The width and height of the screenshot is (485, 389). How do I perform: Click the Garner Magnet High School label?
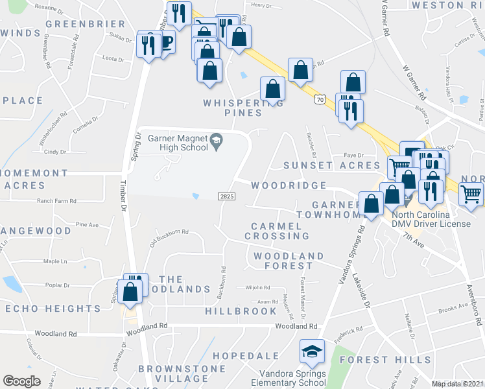[x=177, y=142]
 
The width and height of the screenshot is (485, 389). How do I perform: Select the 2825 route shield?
[x=226, y=196]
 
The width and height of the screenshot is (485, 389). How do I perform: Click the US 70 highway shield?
[x=319, y=99]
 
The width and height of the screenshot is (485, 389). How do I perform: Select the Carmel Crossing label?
[x=277, y=231]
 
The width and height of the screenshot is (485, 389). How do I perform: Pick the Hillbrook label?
[x=241, y=311]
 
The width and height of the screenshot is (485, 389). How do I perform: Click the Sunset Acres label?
[x=322, y=165]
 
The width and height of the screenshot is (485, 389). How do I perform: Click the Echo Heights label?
[x=53, y=309]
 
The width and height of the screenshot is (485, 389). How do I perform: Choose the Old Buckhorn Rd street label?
[x=169, y=232]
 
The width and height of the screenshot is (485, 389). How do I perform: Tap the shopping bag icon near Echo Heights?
[x=130, y=291]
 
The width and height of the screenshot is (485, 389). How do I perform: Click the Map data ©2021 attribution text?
[x=457, y=384]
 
